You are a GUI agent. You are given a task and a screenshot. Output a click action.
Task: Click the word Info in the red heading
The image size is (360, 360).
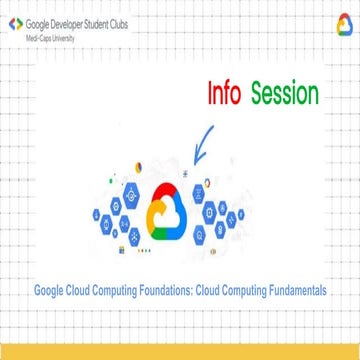click(x=228, y=94)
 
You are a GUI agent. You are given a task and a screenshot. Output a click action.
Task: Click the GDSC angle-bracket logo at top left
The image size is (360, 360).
click(x=14, y=22)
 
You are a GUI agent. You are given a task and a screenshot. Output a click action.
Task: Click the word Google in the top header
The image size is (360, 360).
click(x=36, y=22)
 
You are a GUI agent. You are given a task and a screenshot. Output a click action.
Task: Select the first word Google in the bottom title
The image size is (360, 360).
click(x=51, y=292)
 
